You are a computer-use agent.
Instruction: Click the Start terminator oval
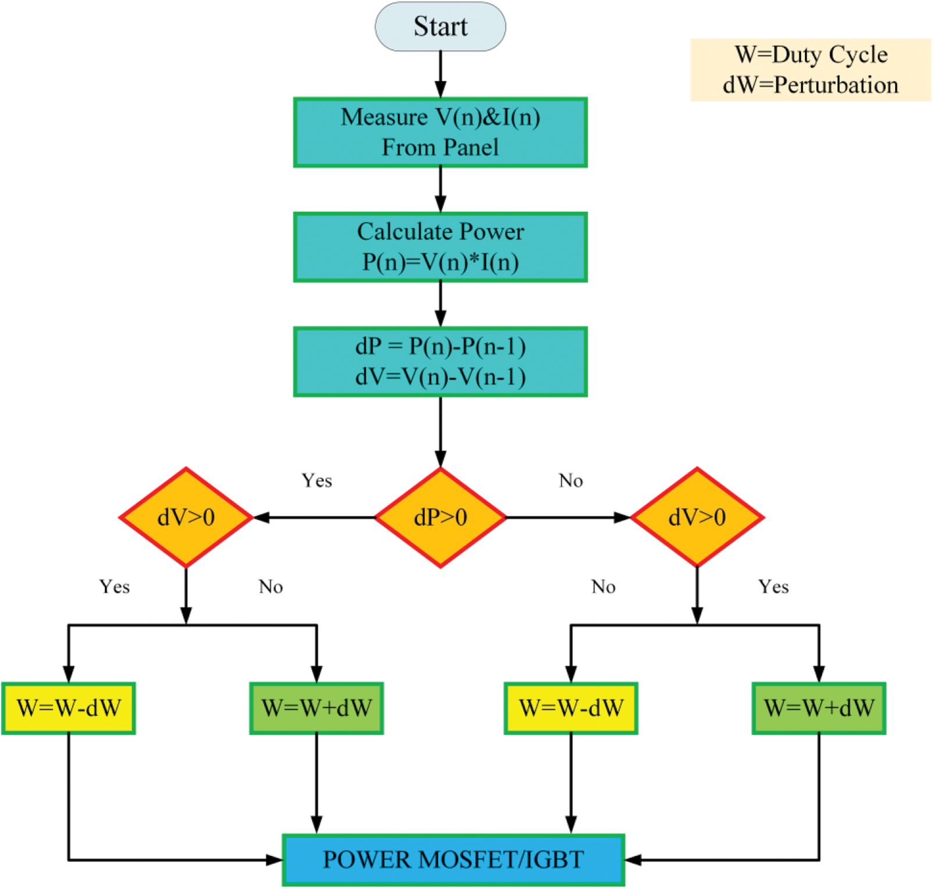coord(440,27)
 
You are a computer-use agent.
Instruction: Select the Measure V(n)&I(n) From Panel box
coord(440,132)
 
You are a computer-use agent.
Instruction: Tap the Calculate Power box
coord(440,247)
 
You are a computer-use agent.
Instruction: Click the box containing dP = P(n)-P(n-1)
coord(440,361)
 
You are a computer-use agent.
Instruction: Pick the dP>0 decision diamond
coord(440,517)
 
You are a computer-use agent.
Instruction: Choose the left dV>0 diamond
coord(186,517)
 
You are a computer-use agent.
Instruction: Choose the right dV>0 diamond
coord(697,517)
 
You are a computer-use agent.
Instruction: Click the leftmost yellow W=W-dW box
coord(69,708)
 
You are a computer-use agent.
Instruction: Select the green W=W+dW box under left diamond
coord(317,708)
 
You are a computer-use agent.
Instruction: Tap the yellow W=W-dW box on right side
coord(571,708)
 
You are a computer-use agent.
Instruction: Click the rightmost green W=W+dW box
coord(819,708)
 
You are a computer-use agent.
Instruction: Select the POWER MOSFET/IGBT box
coord(453,859)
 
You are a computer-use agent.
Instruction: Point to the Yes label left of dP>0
coord(317,481)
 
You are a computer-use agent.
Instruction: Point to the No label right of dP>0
coord(570,481)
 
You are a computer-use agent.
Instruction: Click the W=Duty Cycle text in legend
coord(811,55)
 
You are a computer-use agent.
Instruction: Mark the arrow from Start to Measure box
coord(441,74)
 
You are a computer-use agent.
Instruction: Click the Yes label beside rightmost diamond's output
coord(773,586)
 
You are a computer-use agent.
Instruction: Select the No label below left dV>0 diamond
coord(271,586)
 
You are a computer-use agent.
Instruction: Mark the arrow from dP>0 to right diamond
coord(567,517)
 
